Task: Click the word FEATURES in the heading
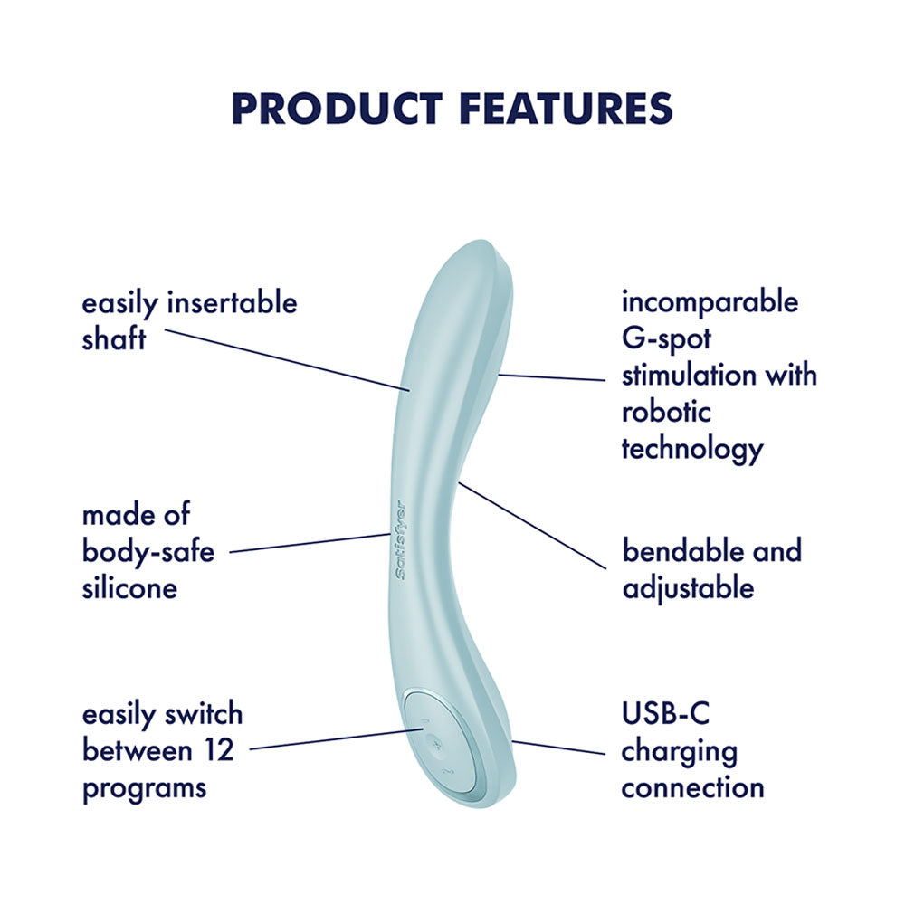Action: point(566,108)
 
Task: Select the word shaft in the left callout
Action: point(113,339)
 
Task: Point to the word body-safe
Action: point(148,551)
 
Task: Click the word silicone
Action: point(129,588)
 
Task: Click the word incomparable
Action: point(710,301)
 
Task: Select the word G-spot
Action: point(667,338)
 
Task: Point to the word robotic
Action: point(666,412)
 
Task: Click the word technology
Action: point(692,449)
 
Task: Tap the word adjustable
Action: point(688,588)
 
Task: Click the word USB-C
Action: point(665,713)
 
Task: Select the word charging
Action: point(679,750)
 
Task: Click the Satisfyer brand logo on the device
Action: point(400,540)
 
